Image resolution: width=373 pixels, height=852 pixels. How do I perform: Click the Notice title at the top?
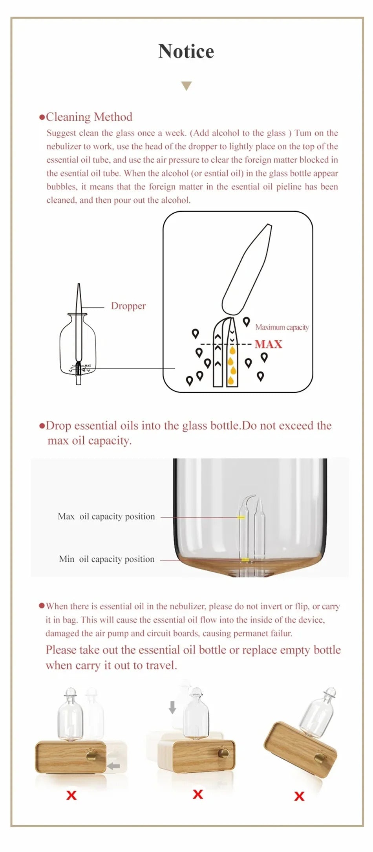[x=186, y=51]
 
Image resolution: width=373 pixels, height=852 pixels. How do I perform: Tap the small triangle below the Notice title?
[x=186, y=86]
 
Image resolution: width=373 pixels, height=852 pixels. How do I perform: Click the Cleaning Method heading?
[x=89, y=117]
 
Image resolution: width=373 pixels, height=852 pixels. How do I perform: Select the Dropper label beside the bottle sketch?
[x=128, y=306]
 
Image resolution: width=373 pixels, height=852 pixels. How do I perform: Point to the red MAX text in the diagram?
[x=268, y=344]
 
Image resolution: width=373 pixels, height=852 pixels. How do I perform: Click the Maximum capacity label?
[x=282, y=327]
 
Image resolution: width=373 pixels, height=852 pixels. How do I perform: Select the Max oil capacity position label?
[x=106, y=517]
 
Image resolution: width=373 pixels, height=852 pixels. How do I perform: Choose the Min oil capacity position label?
[x=106, y=559]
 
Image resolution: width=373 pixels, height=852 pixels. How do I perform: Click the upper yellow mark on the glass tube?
[x=241, y=517]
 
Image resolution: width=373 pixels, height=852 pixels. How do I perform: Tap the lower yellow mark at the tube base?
[x=245, y=559]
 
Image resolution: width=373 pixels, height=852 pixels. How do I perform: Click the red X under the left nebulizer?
[x=71, y=795]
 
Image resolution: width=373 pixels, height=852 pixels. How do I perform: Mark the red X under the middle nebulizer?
[x=198, y=794]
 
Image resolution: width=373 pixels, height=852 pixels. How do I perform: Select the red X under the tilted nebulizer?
[x=299, y=796]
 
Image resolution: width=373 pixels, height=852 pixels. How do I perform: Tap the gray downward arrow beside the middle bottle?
[x=172, y=707]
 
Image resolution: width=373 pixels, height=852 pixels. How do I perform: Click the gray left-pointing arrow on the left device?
[x=113, y=766]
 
